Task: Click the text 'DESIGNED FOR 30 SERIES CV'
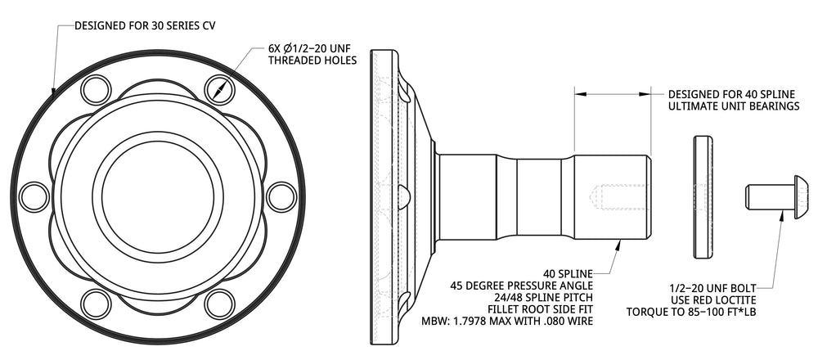tap(145, 25)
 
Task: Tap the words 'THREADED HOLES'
tap(312, 61)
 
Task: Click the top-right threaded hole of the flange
tap(219, 90)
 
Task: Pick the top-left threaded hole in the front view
tap(96, 90)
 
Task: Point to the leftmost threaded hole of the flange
tap(34, 197)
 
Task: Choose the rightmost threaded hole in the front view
tap(281, 197)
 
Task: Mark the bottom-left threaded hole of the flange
tap(96, 304)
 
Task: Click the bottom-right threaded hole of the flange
tap(219, 304)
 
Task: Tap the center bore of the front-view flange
tap(158, 197)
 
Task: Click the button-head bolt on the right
tap(778, 197)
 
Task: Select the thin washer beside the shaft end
tap(703, 197)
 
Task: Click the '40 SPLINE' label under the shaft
tap(568, 273)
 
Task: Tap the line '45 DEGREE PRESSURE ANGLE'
tap(521, 286)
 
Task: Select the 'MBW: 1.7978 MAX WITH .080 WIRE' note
tap(506, 321)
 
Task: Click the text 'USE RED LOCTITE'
tap(713, 300)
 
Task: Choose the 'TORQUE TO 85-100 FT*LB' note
tap(691, 312)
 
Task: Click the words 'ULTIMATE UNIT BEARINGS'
tap(734, 106)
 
